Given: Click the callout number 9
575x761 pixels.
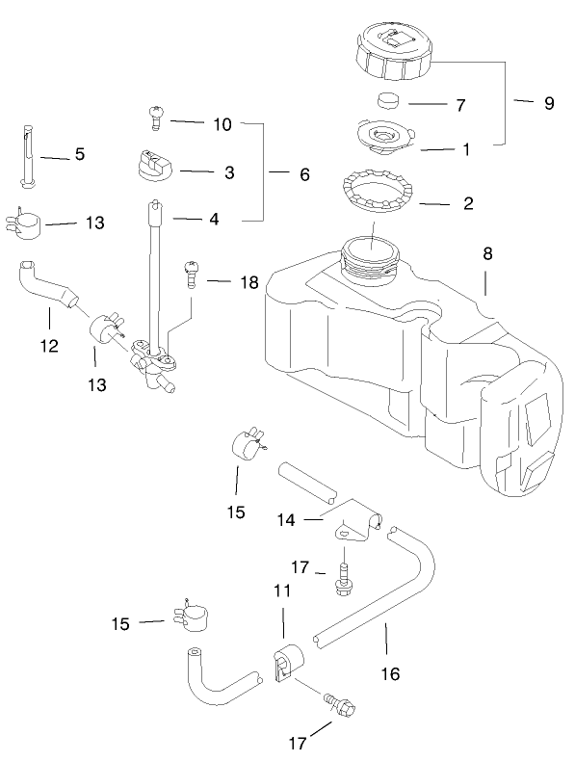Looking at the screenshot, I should pyautogui.click(x=548, y=103).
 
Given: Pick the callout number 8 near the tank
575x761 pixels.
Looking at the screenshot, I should pyautogui.click(x=487, y=253).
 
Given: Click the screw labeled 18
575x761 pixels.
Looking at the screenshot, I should pyautogui.click(x=192, y=273).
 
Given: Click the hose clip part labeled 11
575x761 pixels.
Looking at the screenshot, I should pyautogui.click(x=287, y=663).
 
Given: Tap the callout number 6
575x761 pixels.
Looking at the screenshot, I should pyautogui.click(x=304, y=174).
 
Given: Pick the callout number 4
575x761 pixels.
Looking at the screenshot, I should pyautogui.click(x=214, y=219).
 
